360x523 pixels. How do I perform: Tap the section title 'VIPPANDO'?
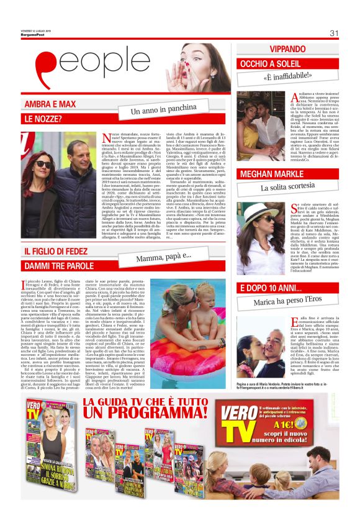[287, 49]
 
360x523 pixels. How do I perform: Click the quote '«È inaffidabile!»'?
[286, 78]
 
